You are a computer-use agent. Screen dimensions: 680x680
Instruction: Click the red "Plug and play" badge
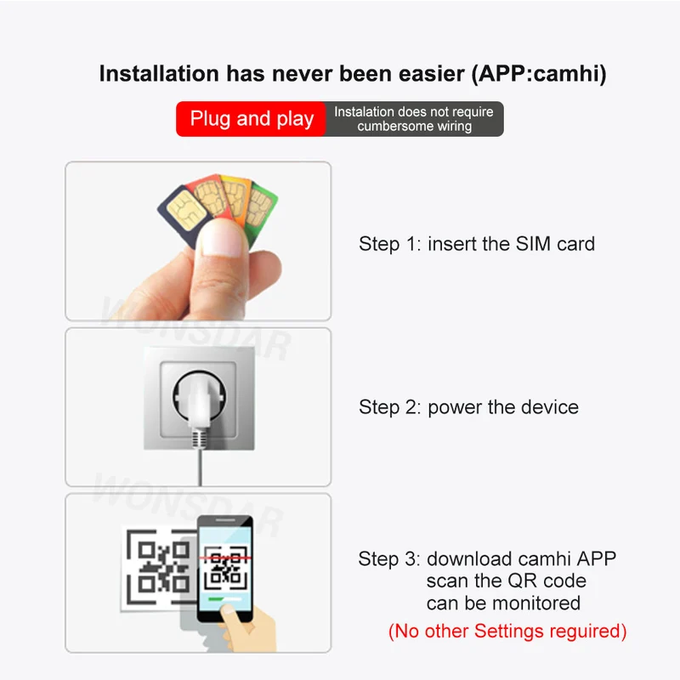[x=251, y=119]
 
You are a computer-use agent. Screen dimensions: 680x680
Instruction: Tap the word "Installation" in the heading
[x=159, y=73]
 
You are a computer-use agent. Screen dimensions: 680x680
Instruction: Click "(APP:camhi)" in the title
[x=539, y=74]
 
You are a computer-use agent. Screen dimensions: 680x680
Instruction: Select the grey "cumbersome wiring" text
[x=415, y=126]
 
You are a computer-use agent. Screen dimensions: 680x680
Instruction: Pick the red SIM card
[x=208, y=195]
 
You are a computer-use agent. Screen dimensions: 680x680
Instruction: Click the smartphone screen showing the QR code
[x=225, y=568]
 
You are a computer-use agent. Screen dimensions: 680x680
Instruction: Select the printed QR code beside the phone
[x=159, y=568]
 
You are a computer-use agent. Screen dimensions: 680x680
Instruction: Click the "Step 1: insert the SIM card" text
[x=477, y=244]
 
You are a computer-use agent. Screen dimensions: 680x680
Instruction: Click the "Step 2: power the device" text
[x=468, y=407]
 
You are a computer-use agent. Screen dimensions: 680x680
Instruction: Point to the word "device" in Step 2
[x=549, y=407]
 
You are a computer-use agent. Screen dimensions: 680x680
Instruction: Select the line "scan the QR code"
[x=506, y=581]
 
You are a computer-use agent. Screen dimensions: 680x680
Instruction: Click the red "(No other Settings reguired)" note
[x=507, y=631]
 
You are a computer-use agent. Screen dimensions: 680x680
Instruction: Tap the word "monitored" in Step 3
[x=536, y=603]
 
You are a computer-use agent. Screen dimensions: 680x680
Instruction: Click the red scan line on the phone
[x=225, y=558]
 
